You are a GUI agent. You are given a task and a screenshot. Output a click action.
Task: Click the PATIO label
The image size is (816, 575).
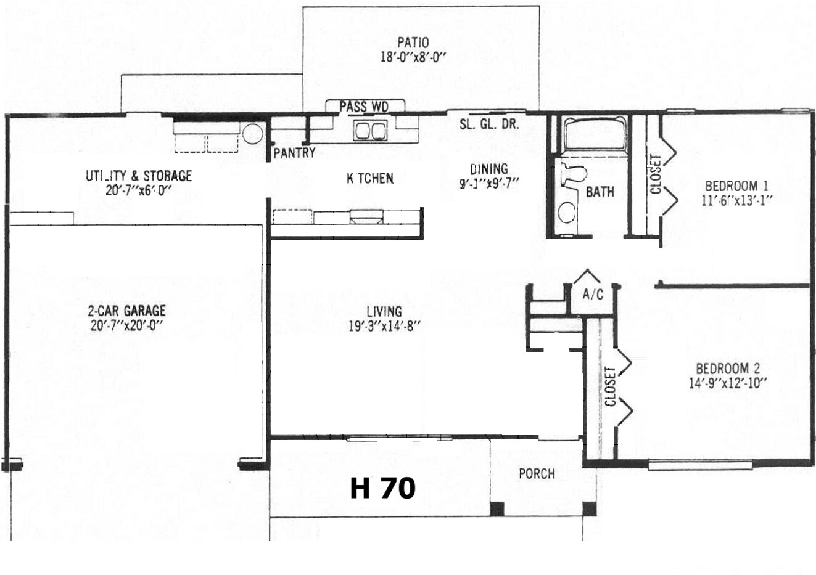[x=413, y=43]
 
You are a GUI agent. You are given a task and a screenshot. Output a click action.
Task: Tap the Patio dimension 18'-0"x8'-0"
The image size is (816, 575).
[x=413, y=57]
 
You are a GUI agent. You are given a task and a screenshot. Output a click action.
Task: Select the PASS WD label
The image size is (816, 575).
[x=365, y=106]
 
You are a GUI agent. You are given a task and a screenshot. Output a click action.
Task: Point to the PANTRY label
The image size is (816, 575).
[x=294, y=152]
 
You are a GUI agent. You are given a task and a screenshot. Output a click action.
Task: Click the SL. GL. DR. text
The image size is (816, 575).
[x=489, y=124]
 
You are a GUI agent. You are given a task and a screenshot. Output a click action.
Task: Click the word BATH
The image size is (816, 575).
[x=600, y=192]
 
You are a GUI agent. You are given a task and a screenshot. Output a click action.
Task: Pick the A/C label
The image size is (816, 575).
[x=593, y=294]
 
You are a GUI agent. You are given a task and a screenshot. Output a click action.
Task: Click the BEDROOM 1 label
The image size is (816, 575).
[x=736, y=186]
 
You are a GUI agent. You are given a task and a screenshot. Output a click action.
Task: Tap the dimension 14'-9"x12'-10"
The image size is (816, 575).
[x=728, y=383]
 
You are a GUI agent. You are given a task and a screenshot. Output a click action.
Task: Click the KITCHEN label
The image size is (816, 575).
[x=370, y=178]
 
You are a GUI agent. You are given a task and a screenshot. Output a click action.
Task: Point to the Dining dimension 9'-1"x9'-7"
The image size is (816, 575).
[x=489, y=183]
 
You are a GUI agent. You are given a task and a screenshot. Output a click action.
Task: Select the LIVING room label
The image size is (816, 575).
[x=384, y=311]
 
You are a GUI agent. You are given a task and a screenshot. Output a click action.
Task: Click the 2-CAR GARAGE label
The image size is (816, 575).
[x=127, y=311]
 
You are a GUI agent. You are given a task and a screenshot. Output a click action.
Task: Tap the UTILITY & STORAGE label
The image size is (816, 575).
[x=139, y=176]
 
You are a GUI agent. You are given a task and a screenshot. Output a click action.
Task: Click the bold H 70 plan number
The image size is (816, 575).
[x=382, y=488]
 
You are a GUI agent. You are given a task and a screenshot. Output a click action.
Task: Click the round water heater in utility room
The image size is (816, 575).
[x=252, y=134]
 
